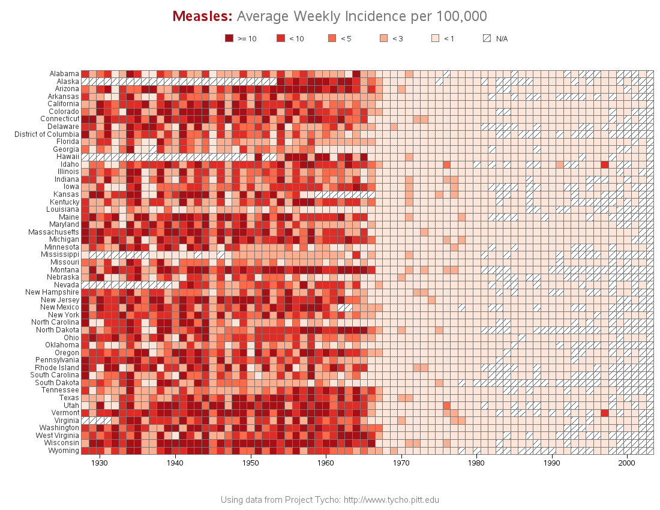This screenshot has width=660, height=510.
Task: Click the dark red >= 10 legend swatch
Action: pyautogui.click(x=229, y=38)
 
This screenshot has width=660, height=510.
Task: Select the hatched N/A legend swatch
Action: pyautogui.click(x=487, y=38)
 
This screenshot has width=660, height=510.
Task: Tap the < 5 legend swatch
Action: pyautogui.click(x=332, y=38)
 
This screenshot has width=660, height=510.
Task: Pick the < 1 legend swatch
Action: pyautogui.click(x=436, y=38)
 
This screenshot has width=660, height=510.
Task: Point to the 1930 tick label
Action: pyautogui.click(x=100, y=463)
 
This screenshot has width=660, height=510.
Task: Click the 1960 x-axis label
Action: pyautogui.click(x=326, y=463)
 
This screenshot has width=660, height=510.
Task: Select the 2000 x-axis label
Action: pyautogui.click(x=627, y=463)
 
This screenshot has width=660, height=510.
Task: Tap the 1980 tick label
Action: pyautogui.click(x=476, y=463)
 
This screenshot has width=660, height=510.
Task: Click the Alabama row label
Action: pyautogui.click(x=64, y=74)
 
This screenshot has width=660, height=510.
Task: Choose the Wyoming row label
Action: pyautogui.click(x=64, y=450)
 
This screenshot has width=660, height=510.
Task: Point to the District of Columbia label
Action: pyautogui.click(x=47, y=134)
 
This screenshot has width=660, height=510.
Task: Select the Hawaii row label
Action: pyautogui.click(x=68, y=157)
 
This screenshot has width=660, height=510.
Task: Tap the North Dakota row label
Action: pyautogui.click(x=58, y=330)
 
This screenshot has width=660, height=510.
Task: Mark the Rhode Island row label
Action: pyautogui.click(x=58, y=367)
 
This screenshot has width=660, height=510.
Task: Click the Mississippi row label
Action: pyautogui.click(x=61, y=254)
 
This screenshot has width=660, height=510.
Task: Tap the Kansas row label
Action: pyautogui.click(x=66, y=194)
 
